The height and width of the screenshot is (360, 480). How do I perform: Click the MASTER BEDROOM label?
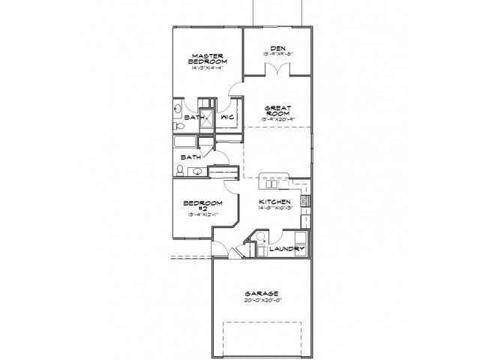coord(205,59)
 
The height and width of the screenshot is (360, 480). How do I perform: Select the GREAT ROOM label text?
coord(275,109)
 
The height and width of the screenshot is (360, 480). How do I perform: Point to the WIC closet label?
coord(229,118)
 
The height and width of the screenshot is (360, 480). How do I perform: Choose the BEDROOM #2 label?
coord(204,206)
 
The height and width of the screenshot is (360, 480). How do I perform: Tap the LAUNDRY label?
coord(288,248)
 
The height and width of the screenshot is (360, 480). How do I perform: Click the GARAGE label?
coord(261,293)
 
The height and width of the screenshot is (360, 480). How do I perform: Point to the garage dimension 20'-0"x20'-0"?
coord(261,301)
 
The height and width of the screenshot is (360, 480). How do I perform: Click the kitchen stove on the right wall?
coord(304,201)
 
